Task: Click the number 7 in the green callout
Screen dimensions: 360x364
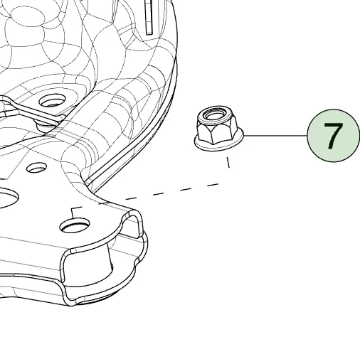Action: click(x=333, y=136)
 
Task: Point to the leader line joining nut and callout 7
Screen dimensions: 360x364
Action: click(x=275, y=136)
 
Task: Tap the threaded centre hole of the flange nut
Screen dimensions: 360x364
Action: click(x=212, y=115)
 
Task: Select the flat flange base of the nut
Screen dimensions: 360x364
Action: click(x=218, y=143)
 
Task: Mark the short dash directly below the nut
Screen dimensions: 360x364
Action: click(x=228, y=162)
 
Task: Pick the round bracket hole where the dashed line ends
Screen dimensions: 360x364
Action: click(x=75, y=225)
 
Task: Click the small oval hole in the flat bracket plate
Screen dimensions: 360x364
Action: click(x=36, y=168)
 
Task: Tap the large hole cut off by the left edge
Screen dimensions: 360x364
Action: click(x=9, y=197)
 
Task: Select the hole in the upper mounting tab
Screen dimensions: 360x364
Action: click(x=53, y=102)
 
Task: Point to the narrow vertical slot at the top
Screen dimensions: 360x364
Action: click(x=149, y=17)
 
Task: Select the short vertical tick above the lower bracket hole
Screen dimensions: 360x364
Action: click(x=73, y=213)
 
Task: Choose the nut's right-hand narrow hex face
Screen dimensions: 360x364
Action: click(x=234, y=129)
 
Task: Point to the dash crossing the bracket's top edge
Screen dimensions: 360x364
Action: click(x=104, y=203)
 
